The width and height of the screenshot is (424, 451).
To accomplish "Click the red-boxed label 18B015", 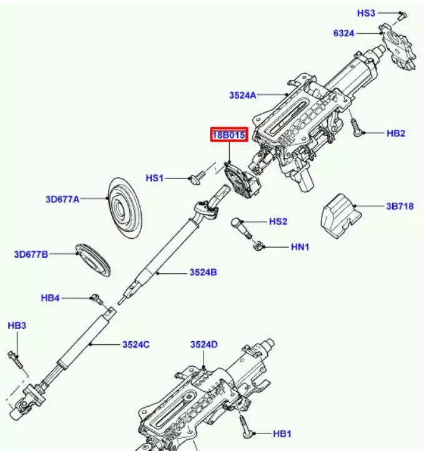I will tap(228, 135).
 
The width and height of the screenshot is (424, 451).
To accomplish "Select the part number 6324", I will tap(343, 33).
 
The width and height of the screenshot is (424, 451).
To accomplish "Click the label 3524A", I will tap(242, 95).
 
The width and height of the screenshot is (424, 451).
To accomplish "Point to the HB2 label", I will tap(396, 133).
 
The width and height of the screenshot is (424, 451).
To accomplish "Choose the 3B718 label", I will tap(399, 206).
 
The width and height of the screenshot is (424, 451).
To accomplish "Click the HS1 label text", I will tap(154, 178).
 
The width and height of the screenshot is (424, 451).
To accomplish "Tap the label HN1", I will tap(300, 248).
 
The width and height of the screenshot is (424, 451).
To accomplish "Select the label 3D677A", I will tap(62, 200).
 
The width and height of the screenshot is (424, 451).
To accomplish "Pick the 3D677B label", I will tap(31, 254).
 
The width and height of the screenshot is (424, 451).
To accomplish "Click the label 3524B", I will tap(204, 273).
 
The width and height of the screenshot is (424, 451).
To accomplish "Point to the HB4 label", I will tap(51, 298).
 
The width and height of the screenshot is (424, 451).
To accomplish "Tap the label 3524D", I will tap(204, 345).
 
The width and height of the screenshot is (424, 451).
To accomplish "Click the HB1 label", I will tap(282, 434).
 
